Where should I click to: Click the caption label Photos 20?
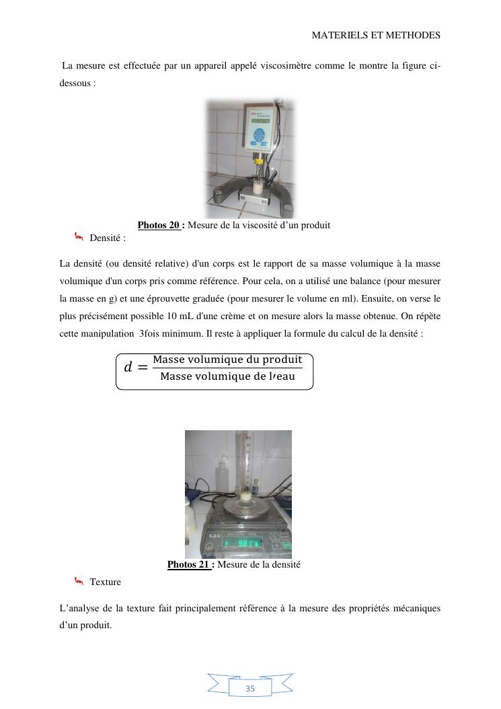(x=159, y=225)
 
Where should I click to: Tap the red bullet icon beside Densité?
(x=79, y=236)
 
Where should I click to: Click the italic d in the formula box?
(x=128, y=368)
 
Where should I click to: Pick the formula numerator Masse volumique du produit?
(x=227, y=360)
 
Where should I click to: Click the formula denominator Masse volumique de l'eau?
(x=227, y=376)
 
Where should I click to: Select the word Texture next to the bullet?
(x=106, y=581)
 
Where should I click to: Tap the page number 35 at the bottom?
(x=250, y=688)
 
